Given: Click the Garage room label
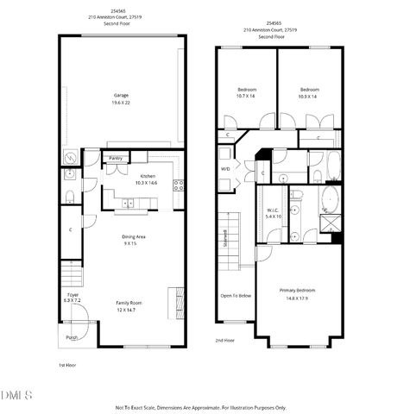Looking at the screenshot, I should pyautogui.click(x=121, y=96).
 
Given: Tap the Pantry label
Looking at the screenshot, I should pyautogui.click(x=115, y=158).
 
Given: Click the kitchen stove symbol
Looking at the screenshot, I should pyautogui.click(x=179, y=185).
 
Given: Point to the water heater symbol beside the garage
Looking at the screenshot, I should pyautogui.click(x=69, y=158).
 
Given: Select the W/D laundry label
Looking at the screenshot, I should pyautogui.click(x=225, y=168).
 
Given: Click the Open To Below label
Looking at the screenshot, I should pyautogui.click(x=236, y=296).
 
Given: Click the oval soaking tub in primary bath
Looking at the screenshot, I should pyautogui.click(x=329, y=201).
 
